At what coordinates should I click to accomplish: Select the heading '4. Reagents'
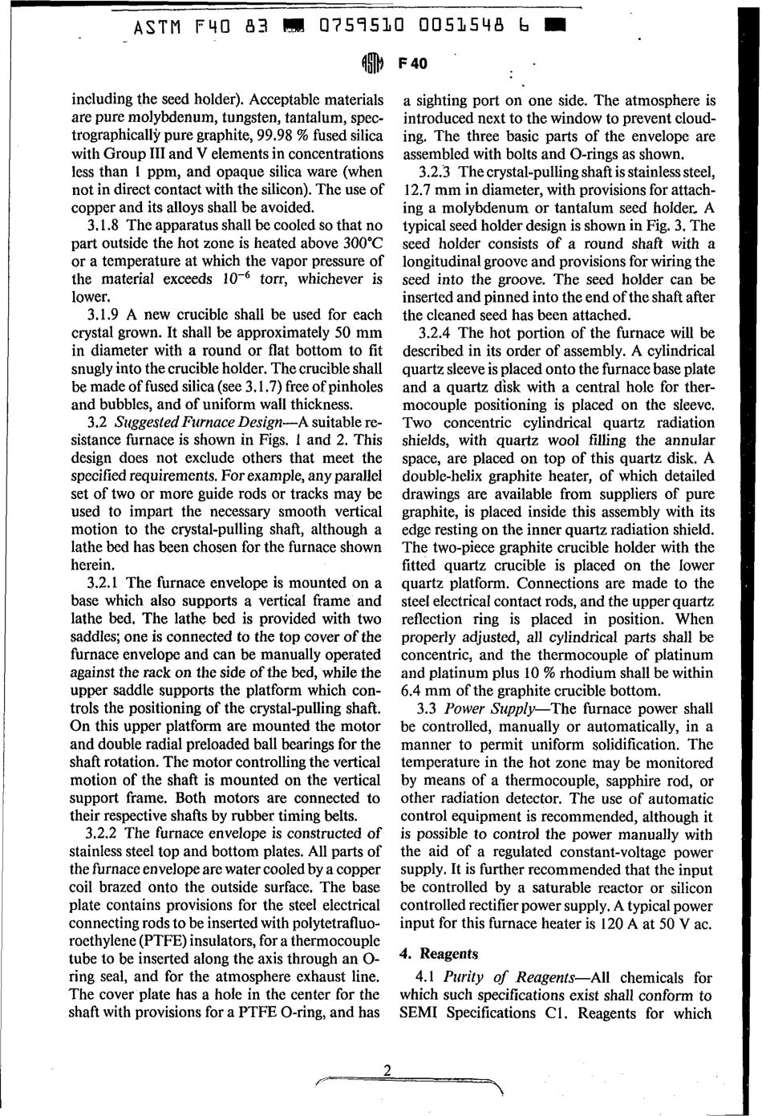[x=438, y=953]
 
